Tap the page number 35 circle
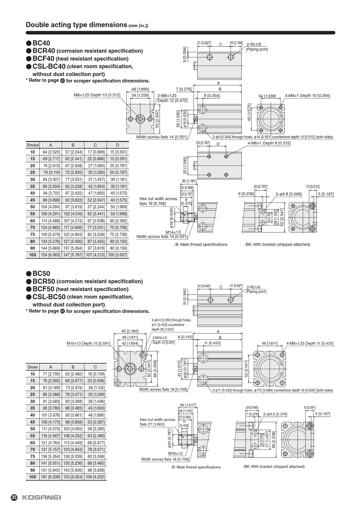(14, 497)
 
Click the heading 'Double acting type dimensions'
(77, 25)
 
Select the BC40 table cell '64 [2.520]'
(51, 152)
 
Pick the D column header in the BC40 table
(118, 145)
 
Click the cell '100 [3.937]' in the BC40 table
(118, 255)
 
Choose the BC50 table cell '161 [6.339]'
(51, 477)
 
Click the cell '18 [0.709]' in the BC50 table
(95, 374)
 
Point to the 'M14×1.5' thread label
(173, 232)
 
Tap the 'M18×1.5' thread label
(175, 453)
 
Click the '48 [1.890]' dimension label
(140, 89)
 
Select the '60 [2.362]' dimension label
(130, 331)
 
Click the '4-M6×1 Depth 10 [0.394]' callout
(307, 96)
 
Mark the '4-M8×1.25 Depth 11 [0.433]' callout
(310, 343)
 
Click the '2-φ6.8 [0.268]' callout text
(289, 194)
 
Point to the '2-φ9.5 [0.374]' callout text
(275, 414)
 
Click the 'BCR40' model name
(44, 51)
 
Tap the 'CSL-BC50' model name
(49, 297)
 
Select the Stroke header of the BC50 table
(33, 367)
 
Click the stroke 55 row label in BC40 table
(32, 214)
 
